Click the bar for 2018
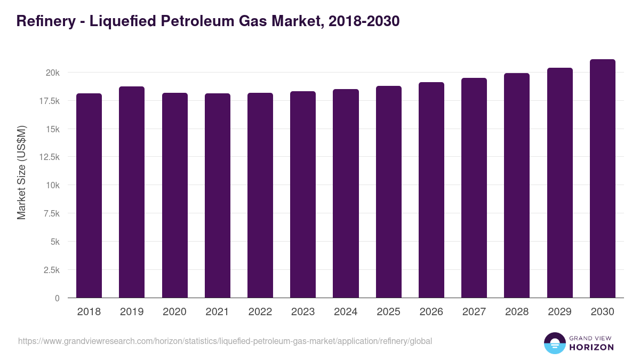(x=89, y=195)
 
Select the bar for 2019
(x=132, y=192)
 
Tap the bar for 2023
(x=303, y=194)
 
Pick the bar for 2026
(x=431, y=190)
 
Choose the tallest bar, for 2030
(x=603, y=179)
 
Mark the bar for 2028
(x=517, y=186)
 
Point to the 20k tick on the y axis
(x=52, y=73)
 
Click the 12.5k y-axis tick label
(x=49, y=157)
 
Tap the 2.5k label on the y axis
(x=51, y=270)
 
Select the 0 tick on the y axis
(x=57, y=298)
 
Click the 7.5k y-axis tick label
(x=51, y=214)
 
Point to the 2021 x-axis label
(x=218, y=312)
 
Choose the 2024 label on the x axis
(x=346, y=312)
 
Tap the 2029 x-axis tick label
(x=559, y=312)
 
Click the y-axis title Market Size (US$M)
(x=21, y=172)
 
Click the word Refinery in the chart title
(x=46, y=21)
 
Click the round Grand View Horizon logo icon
(x=555, y=343)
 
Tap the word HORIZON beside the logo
(x=591, y=347)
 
